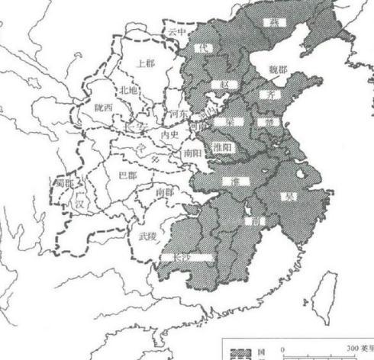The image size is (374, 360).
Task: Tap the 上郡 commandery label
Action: (x=144, y=65)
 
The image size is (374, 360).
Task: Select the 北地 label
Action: (x=130, y=91)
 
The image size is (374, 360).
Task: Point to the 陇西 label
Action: (x=104, y=108)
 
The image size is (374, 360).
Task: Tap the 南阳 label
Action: (x=191, y=153)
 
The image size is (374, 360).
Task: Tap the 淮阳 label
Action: (x=221, y=148)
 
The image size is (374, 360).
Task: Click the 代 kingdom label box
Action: (x=204, y=47)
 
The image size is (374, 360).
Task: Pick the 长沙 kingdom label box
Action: (x=187, y=257)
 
